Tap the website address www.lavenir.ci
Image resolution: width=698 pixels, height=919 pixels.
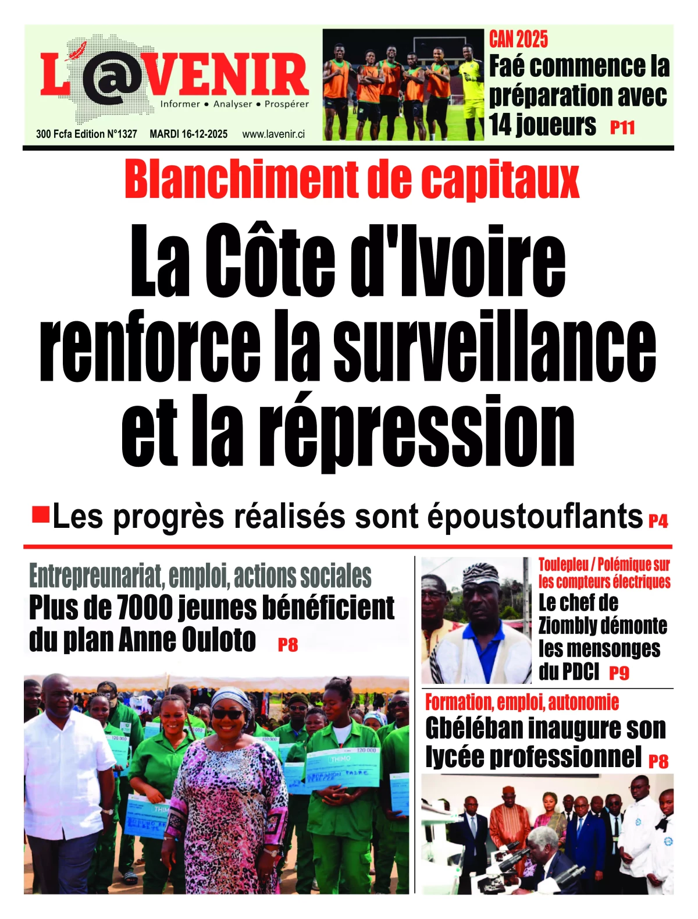click(x=273, y=134)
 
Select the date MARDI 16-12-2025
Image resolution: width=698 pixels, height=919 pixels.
click(x=188, y=134)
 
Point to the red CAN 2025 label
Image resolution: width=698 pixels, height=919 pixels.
click(x=518, y=40)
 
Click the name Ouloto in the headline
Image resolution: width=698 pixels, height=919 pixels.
click(x=219, y=640)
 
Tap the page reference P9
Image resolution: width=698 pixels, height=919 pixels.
click(x=619, y=673)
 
